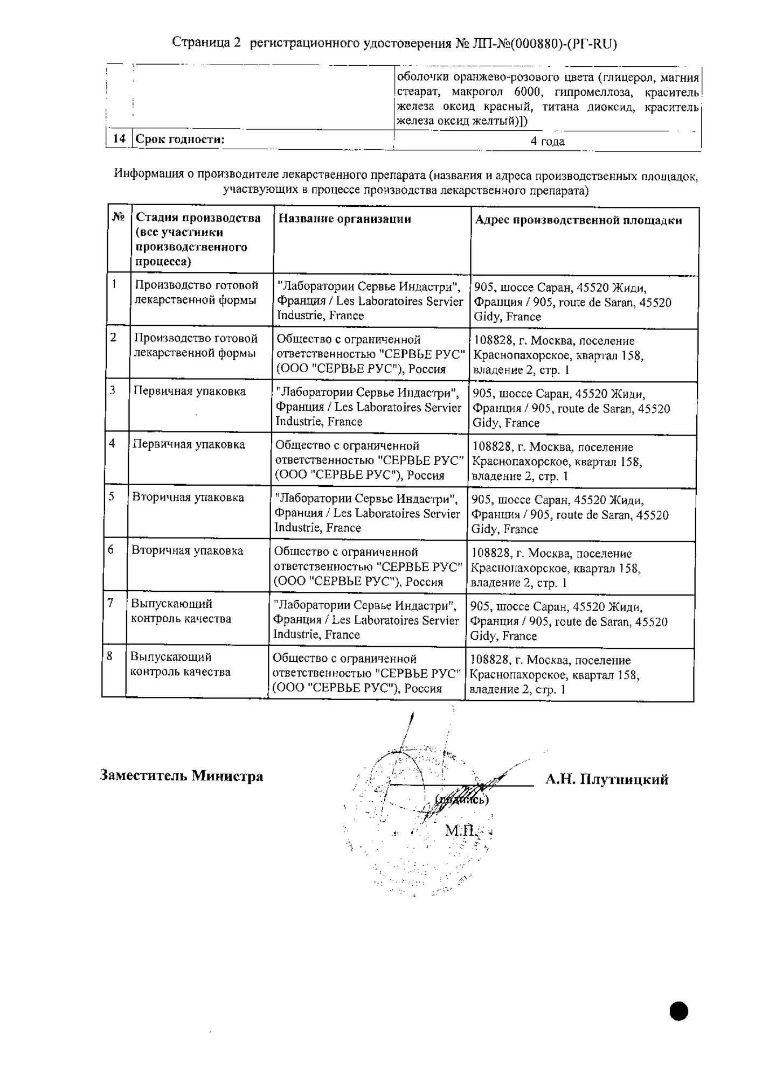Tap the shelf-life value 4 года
pyautogui.click(x=547, y=141)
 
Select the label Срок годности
pyautogui.click(x=180, y=139)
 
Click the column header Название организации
pyautogui.click(x=345, y=219)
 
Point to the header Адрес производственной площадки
pyautogui.click(x=578, y=220)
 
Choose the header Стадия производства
pyautogui.click(x=198, y=218)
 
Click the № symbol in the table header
pyautogui.click(x=118, y=217)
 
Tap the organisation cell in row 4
pyautogui.click(x=369, y=460)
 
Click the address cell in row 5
pyautogui.click(x=570, y=514)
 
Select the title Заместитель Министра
pyautogui.click(x=182, y=776)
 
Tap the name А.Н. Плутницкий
pyautogui.click(x=606, y=779)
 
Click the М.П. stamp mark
pyautogui.click(x=459, y=830)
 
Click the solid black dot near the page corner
pyautogui.click(x=679, y=1011)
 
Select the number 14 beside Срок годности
pyautogui.click(x=119, y=139)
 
